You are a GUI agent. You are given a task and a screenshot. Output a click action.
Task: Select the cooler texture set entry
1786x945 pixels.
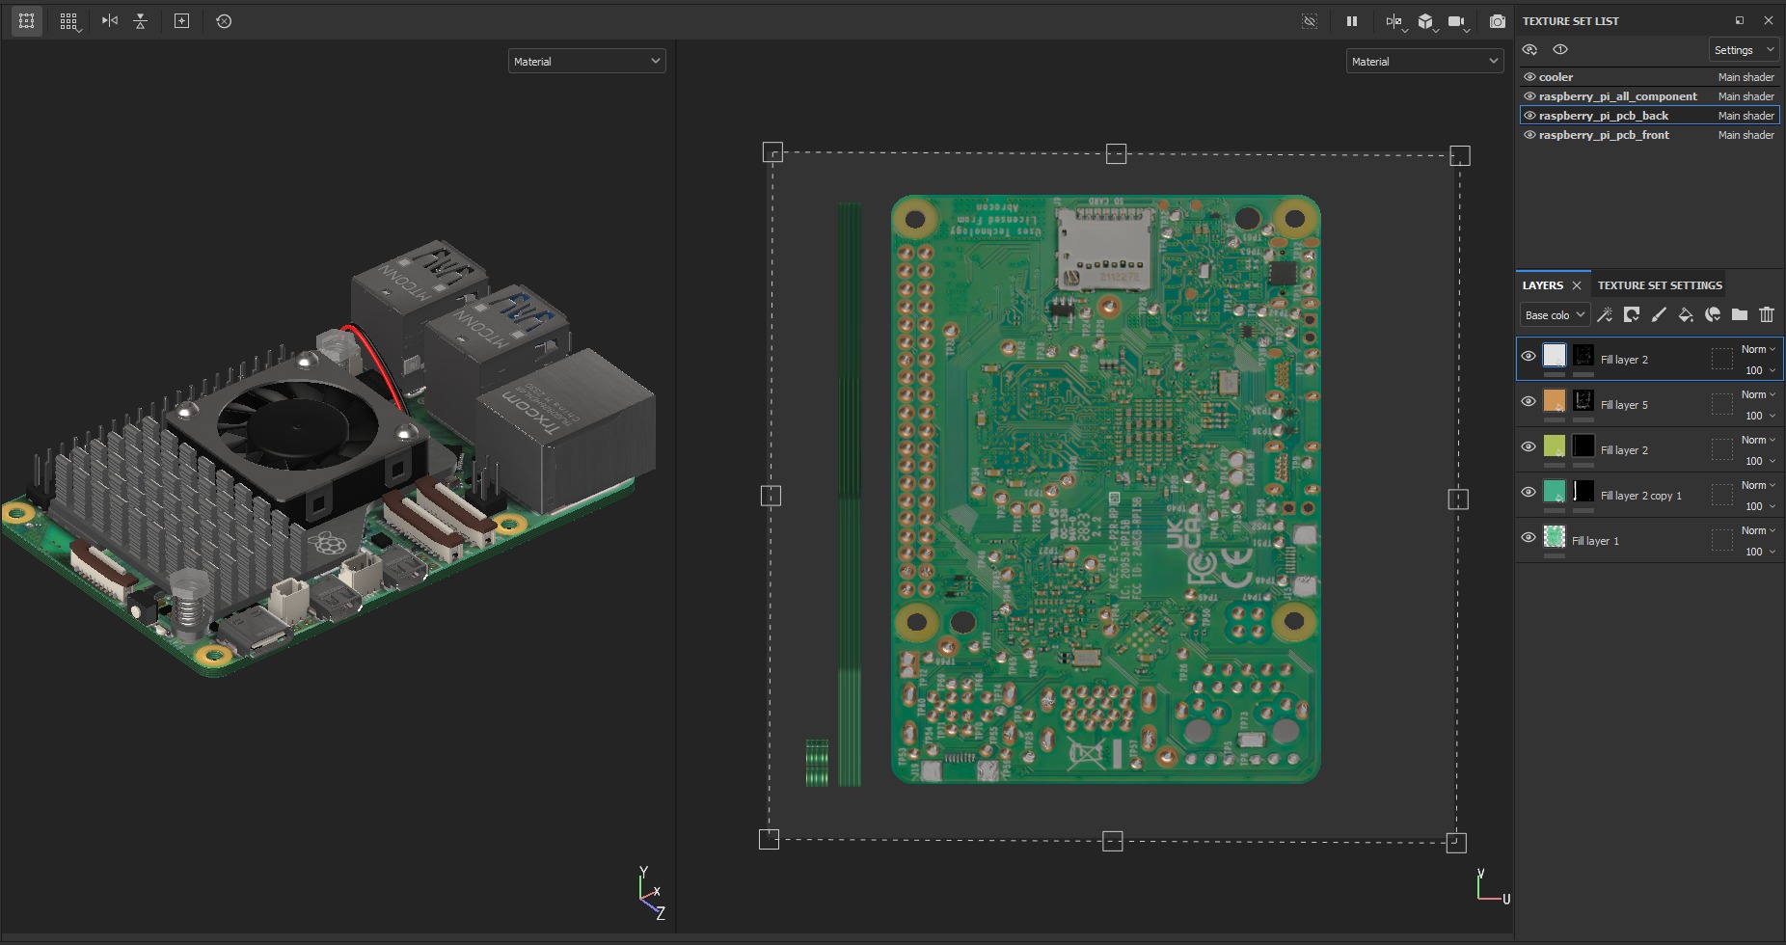click(1556, 77)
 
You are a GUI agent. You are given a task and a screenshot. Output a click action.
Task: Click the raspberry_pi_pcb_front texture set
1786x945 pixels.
click(1603, 135)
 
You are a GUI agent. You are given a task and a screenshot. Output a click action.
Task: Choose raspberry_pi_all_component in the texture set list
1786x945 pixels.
click(1617, 96)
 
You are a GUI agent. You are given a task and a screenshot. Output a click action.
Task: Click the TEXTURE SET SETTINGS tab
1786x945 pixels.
click(1659, 285)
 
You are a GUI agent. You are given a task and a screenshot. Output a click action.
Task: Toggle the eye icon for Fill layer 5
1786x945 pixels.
click(1529, 401)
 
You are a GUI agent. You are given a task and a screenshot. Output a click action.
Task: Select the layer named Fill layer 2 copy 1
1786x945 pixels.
click(1640, 496)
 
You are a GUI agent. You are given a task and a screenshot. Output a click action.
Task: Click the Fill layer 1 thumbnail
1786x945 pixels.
click(1554, 537)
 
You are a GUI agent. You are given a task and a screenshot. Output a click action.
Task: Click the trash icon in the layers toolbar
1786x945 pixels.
click(1767, 314)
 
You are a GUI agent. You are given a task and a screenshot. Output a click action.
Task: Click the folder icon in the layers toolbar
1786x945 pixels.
click(1740, 314)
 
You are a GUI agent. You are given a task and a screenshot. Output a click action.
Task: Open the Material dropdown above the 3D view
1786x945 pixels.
click(586, 62)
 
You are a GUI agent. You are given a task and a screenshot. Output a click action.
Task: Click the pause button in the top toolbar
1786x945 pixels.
click(1352, 21)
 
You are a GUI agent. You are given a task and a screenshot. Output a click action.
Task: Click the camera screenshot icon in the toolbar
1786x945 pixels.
click(1497, 21)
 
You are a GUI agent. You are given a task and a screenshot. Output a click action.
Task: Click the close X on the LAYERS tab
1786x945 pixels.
click(1577, 285)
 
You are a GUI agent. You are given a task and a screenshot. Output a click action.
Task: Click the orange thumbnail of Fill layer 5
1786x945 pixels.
click(1554, 401)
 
